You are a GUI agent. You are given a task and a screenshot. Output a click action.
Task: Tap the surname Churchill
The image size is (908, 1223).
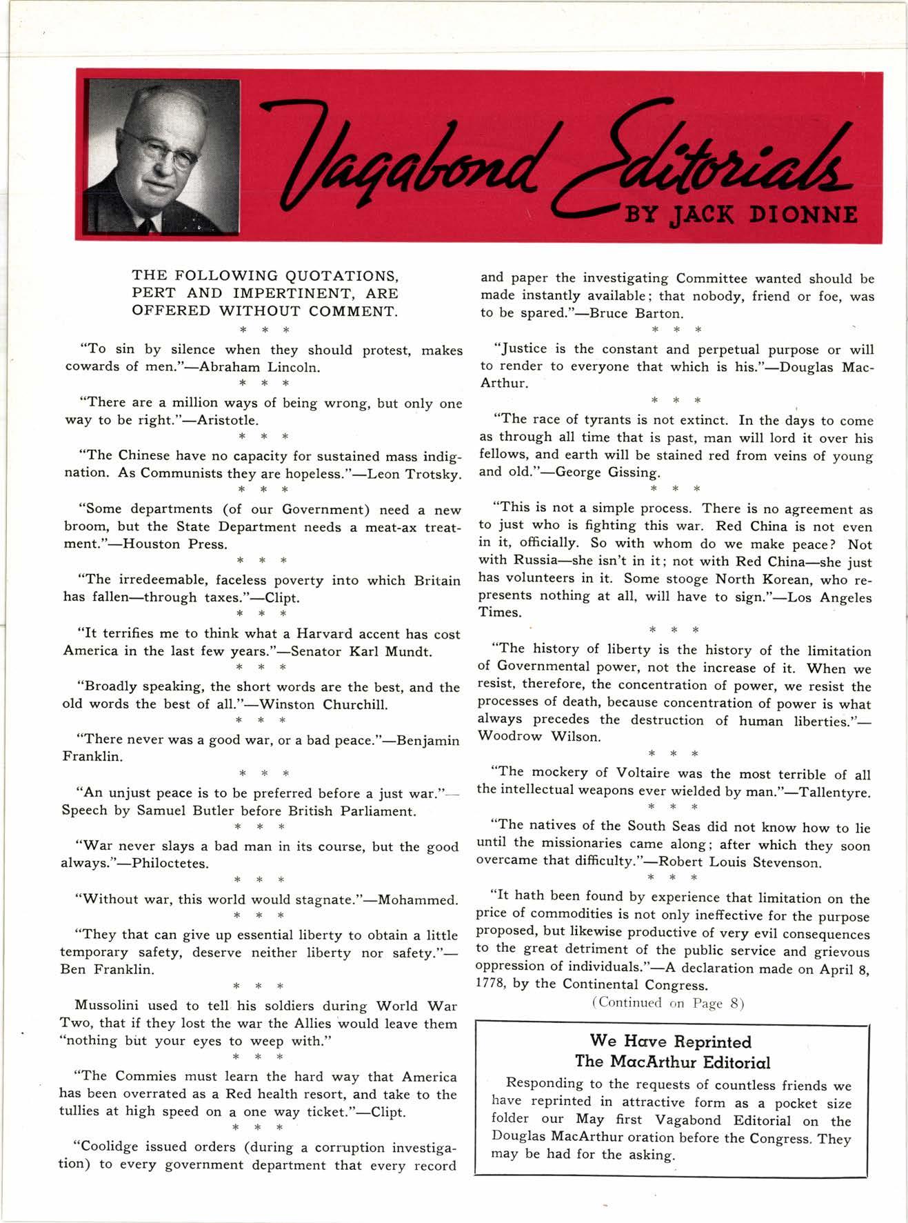tap(354, 704)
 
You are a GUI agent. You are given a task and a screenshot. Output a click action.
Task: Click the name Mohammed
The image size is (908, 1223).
tap(418, 900)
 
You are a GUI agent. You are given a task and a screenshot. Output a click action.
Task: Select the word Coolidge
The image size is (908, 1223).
tap(114, 1147)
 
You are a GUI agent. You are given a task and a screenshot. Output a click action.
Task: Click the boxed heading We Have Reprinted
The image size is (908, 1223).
tap(670, 1042)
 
